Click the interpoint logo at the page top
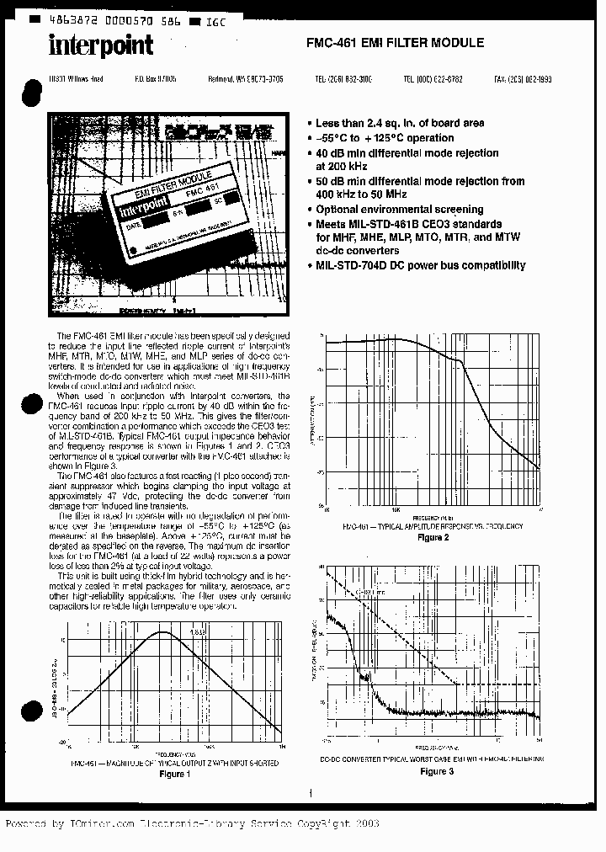[x=101, y=45]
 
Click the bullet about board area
[x=400, y=123]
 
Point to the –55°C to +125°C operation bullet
[x=385, y=138]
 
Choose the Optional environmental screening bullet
[x=400, y=209]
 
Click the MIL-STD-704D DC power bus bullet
[x=421, y=265]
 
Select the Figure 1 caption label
[x=176, y=774]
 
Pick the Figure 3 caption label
[x=436, y=770]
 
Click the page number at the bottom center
[x=310, y=792]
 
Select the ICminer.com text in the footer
[x=98, y=824]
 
